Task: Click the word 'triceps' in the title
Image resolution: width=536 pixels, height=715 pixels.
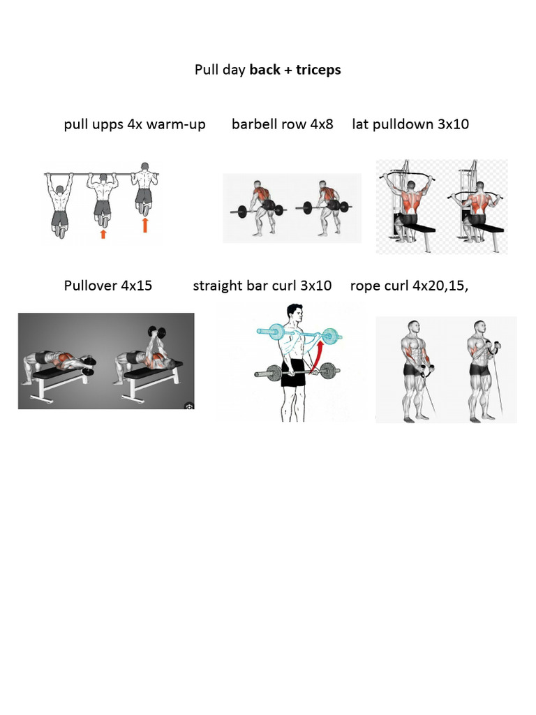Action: point(318,71)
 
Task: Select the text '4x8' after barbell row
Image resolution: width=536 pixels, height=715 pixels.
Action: point(322,125)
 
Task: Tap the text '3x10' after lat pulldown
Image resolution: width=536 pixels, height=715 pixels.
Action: point(453,125)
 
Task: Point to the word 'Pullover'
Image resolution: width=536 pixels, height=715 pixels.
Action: point(90,286)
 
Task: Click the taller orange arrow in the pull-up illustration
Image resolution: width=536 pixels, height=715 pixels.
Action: point(145,224)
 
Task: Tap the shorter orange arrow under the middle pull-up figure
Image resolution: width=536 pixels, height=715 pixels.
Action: point(103,234)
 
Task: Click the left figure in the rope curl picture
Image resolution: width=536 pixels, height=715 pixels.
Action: point(415,370)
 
